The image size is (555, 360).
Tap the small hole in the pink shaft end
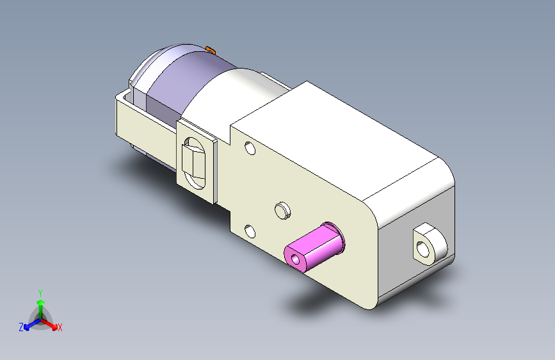[x=295, y=260]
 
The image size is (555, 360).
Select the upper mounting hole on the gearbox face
[x=250, y=148]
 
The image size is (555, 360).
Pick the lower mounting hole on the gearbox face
[x=250, y=231]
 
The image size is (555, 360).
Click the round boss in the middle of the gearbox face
[x=282, y=211]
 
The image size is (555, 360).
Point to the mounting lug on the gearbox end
[x=430, y=244]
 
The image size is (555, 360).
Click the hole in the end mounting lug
[x=423, y=249]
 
